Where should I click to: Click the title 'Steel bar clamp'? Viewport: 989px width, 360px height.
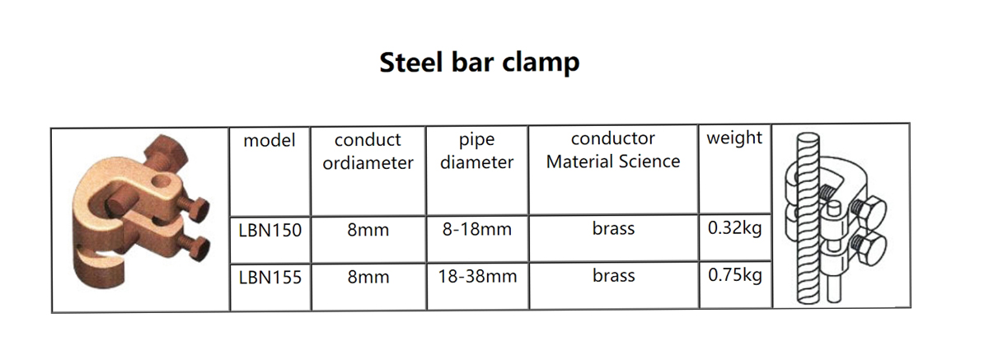479,63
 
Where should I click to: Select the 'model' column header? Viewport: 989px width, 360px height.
269,140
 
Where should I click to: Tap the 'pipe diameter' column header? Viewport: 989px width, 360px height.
477,151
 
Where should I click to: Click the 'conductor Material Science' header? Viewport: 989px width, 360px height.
613,150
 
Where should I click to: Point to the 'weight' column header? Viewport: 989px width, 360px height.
734,138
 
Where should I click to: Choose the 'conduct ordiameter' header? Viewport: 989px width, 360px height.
368,152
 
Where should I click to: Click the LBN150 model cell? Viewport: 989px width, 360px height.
270,231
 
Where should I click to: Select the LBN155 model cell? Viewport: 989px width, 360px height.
270,278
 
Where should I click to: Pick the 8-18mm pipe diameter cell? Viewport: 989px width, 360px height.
477,229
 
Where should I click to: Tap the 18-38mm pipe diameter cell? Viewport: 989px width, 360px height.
477,277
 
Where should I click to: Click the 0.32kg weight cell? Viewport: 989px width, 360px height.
734,228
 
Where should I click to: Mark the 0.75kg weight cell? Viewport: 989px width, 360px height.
735,275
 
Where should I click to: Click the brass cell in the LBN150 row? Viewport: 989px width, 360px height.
613,228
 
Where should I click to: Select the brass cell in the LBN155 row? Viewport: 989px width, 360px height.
614,276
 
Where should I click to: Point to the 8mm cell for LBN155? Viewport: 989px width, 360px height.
368,277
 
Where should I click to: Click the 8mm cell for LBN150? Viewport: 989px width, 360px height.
368,230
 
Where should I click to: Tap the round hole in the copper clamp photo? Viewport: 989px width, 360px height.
162,181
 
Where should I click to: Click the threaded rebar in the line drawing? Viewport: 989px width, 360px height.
808,218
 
